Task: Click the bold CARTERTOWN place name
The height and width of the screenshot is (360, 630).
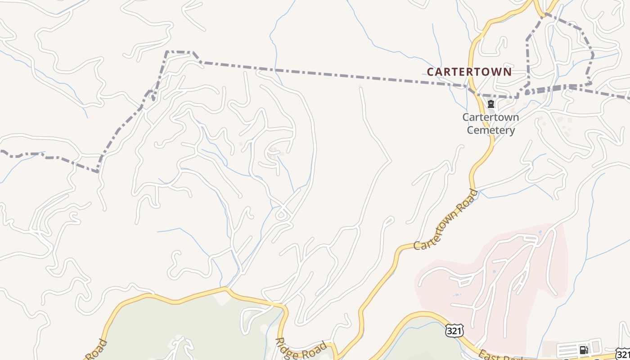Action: click(469, 72)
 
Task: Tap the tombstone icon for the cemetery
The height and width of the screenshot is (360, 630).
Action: click(490, 104)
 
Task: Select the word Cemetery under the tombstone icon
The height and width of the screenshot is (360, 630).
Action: click(490, 130)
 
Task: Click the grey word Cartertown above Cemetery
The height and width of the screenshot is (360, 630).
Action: click(490, 117)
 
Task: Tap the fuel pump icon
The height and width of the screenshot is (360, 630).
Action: click(584, 350)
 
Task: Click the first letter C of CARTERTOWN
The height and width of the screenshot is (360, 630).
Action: click(430, 72)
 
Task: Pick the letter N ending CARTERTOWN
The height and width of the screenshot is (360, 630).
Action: click(508, 72)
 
